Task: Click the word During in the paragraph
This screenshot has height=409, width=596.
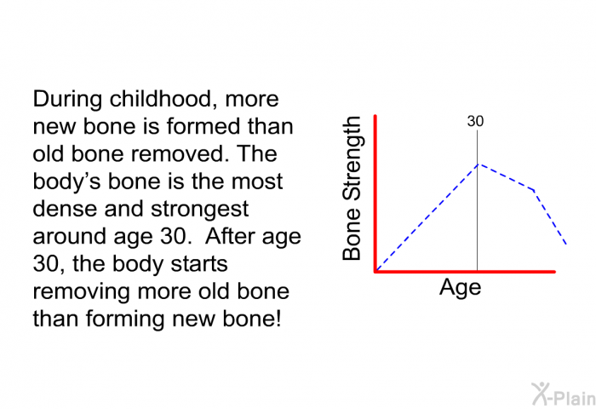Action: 67,100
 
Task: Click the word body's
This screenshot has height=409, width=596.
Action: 67,182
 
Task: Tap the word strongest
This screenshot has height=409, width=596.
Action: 200,210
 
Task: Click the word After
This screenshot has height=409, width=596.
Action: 230,236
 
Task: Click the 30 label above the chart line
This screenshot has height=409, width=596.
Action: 475,121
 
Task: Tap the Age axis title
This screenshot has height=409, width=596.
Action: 461,288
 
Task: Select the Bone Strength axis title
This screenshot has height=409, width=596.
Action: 351,188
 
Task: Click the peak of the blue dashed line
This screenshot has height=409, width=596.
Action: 479,164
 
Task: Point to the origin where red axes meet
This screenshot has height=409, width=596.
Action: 375,271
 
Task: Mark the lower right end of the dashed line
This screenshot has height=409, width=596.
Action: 566,244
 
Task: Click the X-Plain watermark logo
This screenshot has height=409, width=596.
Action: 564,395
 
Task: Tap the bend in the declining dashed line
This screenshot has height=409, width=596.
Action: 534,189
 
